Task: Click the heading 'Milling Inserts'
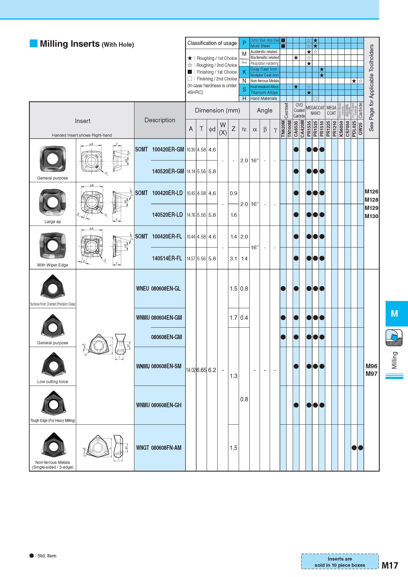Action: pos(70,44)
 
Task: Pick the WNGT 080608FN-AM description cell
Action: pos(159,448)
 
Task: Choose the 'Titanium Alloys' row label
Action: pos(264,92)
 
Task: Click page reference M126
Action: pos(371,191)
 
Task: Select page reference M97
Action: pos(371,374)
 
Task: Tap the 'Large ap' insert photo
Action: pos(52,202)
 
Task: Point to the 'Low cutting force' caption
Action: pos(52,381)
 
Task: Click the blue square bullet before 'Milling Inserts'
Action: pos(33,43)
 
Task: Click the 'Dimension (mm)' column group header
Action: pos(217,110)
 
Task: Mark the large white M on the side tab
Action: pos(394,313)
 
